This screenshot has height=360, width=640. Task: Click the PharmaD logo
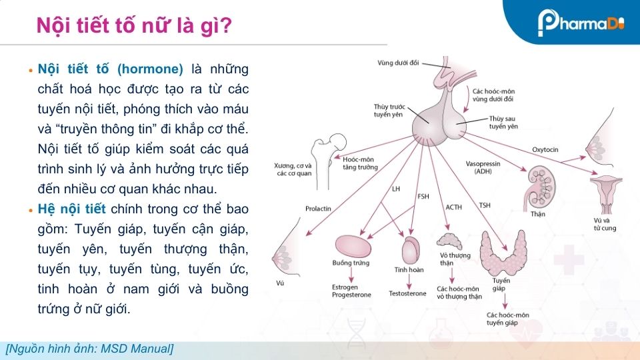pos(581,23)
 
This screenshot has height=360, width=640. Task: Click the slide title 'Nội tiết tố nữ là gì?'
pos(134,25)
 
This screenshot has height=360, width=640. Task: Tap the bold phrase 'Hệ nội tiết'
pos(71,209)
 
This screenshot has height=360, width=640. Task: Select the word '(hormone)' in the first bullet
pos(150,69)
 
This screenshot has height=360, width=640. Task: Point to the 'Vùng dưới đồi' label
pos(398,63)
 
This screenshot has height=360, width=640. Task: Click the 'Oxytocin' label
pos(545,150)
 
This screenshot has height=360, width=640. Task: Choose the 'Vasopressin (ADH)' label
pos(483,167)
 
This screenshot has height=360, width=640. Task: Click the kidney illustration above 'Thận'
pos(539,187)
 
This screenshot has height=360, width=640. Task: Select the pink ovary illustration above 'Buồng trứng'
pos(353,246)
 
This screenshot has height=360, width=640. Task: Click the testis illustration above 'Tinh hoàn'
pos(411,251)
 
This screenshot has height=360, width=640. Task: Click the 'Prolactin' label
pos(318,209)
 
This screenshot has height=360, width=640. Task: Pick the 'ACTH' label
pos(453,207)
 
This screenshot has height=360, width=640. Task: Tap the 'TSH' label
pos(485,205)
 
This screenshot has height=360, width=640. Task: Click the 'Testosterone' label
pos(407,293)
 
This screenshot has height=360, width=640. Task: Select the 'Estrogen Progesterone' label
pos(351,291)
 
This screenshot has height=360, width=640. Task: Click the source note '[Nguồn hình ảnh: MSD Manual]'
pos(90,349)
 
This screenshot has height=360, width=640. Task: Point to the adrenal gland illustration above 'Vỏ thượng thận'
pos(449,241)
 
